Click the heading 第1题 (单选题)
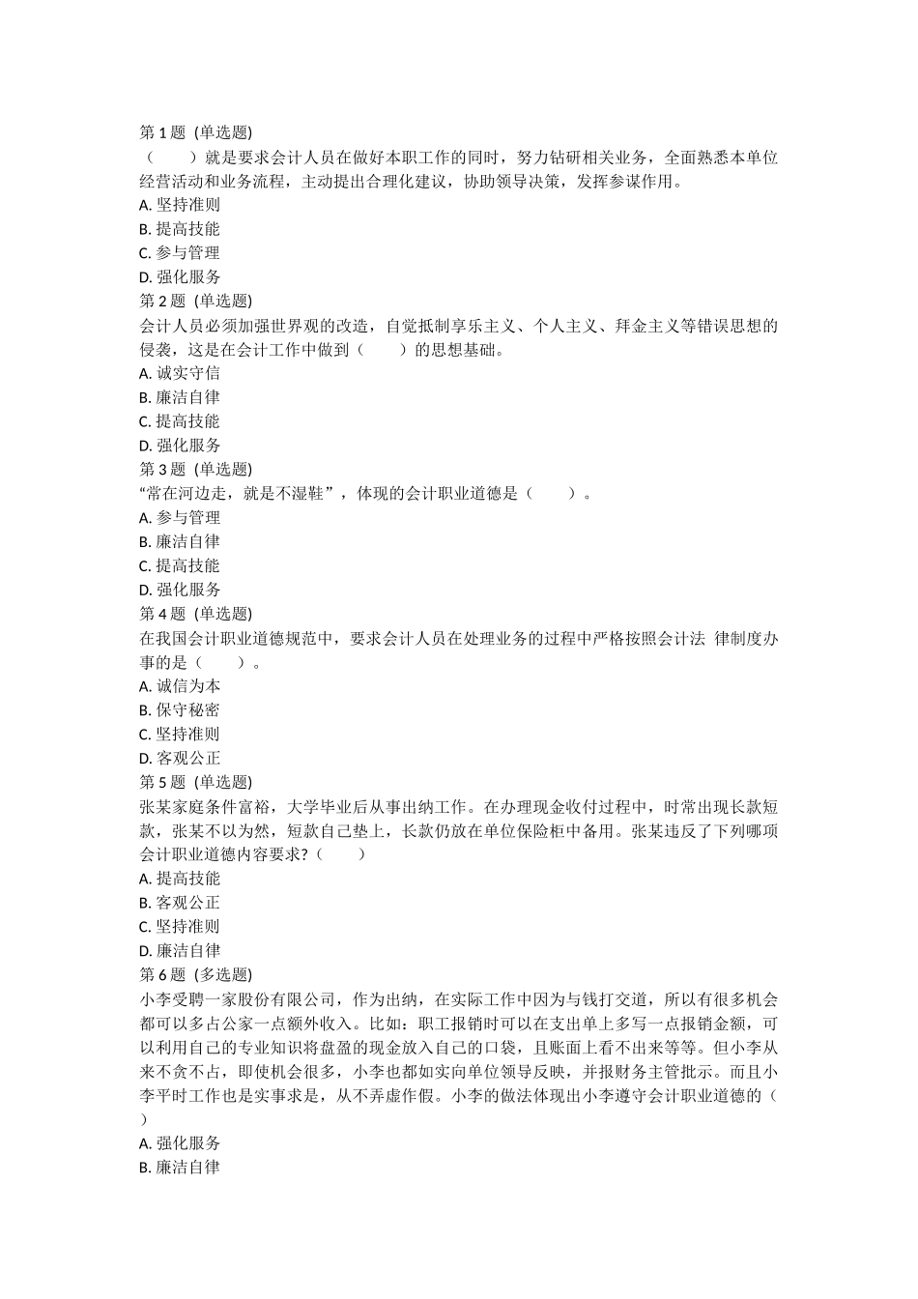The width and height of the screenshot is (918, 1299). [195, 132]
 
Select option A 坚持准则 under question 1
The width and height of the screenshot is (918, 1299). [180, 205]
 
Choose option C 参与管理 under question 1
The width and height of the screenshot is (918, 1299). [180, 253]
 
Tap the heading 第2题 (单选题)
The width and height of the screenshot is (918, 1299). [195, 301]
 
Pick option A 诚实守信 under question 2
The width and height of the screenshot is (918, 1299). [180, 373]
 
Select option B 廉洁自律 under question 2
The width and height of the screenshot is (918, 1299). [180, 397]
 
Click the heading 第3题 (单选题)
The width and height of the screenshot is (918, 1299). [195, 469]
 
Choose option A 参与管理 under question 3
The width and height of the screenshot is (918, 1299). [180, 518]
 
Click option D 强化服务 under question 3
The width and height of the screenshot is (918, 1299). [180, 590]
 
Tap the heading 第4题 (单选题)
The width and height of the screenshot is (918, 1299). [195, 614]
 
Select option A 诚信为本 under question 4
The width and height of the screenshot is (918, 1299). [180, 686]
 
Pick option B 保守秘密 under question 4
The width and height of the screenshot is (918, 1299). [180, 710]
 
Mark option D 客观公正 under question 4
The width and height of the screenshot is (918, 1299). [180, 759]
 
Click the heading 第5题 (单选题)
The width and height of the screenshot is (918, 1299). [195, 782]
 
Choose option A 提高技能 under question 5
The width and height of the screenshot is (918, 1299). [180, 879]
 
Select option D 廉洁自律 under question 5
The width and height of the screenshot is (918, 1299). [180, 951]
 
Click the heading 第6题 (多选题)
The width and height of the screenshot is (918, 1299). [195, 974]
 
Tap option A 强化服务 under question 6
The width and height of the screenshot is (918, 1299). [180, 1143]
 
